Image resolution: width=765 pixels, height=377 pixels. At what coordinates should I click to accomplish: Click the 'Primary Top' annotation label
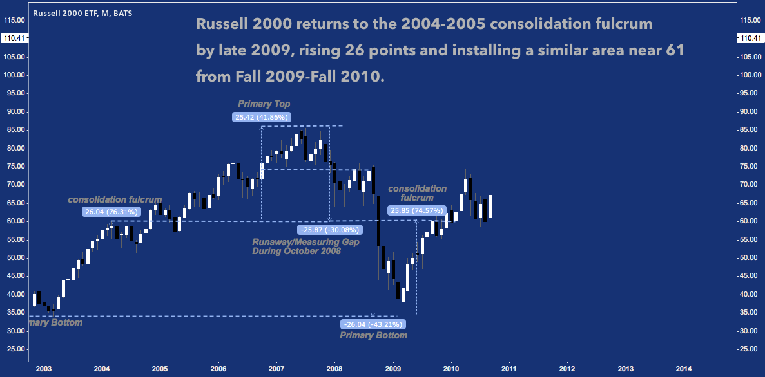tap(264, 104)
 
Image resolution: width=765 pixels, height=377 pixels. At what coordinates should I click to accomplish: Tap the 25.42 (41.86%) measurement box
tap(262, 117)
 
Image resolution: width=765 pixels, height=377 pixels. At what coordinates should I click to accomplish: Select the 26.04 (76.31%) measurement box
tap(111, 212)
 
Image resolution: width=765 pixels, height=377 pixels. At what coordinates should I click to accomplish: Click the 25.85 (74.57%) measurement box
tap(417, 211)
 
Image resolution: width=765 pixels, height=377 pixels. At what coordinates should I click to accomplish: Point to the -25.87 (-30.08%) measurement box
tap(329, 230)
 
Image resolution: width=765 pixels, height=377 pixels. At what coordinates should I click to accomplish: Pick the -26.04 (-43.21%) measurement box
tap(373, 324)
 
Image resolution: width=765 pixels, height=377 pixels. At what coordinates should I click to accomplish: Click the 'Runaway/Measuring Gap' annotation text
tap(305, 242)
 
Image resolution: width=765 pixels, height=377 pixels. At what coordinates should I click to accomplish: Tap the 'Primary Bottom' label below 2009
tap(373, 336)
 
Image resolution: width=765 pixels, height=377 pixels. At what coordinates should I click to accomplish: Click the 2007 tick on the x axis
tap(276, 368)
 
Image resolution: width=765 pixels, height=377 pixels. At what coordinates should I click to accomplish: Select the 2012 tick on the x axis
tap(567, 368)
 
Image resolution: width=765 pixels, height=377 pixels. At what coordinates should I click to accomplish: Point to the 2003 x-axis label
tap(44, 368)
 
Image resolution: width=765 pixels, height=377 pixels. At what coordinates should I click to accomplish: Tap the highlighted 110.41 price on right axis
tap(751, 38)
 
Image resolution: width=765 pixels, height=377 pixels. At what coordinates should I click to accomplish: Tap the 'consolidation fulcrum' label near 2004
tap(115, 199)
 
